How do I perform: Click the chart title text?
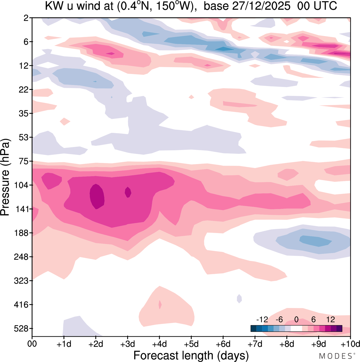pyautogui.click(x=191, y=6)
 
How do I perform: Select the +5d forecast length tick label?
pyautogui.click(x=191, y=344)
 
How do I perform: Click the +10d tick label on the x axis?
pyautogui.click(x=350, y=344)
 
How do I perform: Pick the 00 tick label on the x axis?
pyautogui.click(x=32, y=344)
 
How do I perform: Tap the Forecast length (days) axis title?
pyautogui.click(x=191, y=356)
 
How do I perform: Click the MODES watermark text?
pyautogui.click(x=335, y=356)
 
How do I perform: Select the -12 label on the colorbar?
pyautogui.click(x=262, y=319)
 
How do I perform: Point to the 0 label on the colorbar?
pyautogui.click(x=296, y=319)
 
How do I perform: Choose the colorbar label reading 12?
pyautogui.click(x=331, y=319)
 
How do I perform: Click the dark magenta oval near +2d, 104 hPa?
pyautogui.click(x=97, y=196)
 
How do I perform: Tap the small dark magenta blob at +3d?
pyautogui.click(x=128, y=192)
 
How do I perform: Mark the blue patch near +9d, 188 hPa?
pyautogui.click(x=315, y=241)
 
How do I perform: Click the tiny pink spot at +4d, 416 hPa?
pyautogui.click(x=160, y=304)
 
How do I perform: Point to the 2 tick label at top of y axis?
pyautogui.click(x=26, y=18)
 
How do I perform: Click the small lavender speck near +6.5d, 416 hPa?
pyautogui.click(x=239, y=298)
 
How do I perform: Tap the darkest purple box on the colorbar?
pyautogui.click(x=339, y=329)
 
